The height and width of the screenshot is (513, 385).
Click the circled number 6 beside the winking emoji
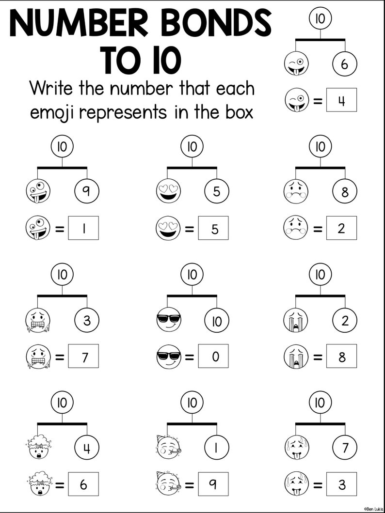(345, 64)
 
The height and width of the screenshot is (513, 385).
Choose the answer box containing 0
(213, 357)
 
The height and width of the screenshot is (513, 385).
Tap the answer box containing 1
(83, 228)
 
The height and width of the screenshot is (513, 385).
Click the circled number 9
(86, 192)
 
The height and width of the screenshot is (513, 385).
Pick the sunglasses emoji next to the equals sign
(167, 357)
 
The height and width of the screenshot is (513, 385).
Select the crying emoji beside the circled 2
(295, 320)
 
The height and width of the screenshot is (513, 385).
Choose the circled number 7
(345, 448)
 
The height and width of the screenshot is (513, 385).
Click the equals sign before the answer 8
(318, 357)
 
